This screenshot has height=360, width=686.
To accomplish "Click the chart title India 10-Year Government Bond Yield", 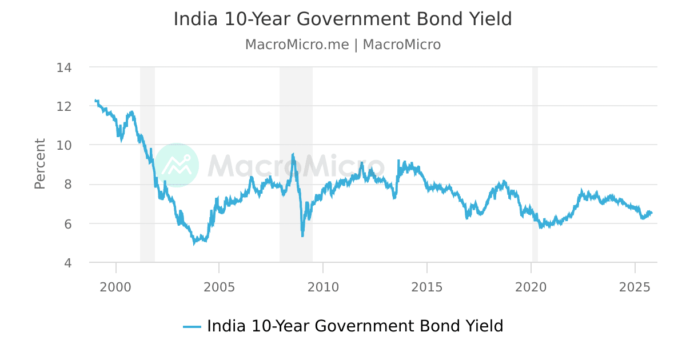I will [x=342, y=19].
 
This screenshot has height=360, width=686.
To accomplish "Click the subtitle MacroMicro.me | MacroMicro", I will [x=342, y=45].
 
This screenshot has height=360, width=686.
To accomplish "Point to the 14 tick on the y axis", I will [x=64, y=67].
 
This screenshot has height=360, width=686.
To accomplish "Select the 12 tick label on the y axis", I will [x=64, y=106].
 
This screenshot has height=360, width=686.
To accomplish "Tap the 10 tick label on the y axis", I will [x=64, y=145].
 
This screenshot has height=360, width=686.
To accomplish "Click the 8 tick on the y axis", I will [x=67, y=185].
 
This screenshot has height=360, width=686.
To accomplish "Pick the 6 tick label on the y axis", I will [x=67, y=224].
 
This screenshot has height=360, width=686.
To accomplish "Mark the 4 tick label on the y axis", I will [x=67, y=263].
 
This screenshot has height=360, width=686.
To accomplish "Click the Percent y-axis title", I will [x=40, y=163].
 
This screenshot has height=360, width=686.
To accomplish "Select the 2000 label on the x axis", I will [x=116, y=286].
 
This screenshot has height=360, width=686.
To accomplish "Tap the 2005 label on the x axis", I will [x=220, y=286].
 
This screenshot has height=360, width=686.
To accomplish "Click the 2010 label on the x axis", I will [x=323, y=286].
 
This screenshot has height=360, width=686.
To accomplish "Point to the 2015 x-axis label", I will [x=427, y=286].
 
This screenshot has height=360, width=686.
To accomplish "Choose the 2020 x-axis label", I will [x=531, y=286].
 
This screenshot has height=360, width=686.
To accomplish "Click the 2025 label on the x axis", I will [x=635, y=286].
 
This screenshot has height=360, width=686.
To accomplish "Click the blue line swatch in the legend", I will [x=192, y=327].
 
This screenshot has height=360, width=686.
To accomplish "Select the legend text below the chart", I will [x=354, y=326].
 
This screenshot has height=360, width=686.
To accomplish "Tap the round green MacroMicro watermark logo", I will [x=177, y=165].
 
